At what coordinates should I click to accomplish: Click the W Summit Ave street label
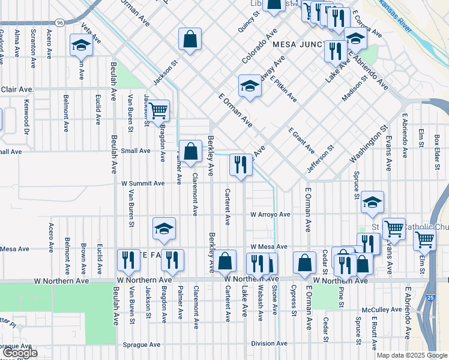point(143,183)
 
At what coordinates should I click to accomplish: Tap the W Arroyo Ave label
point(270,214)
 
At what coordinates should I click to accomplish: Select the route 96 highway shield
point(59,22)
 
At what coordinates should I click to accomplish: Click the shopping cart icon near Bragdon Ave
point(158,110)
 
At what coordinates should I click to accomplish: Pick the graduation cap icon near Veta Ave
point(80,46)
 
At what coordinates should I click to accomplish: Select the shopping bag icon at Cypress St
point(304,262)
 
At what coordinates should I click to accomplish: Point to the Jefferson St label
point(320,159)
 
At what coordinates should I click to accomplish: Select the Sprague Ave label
point(142,345)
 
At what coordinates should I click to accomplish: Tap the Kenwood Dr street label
point(26,113)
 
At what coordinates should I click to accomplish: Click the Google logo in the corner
point(19,353)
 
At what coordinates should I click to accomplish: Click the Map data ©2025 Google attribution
point(412,355)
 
